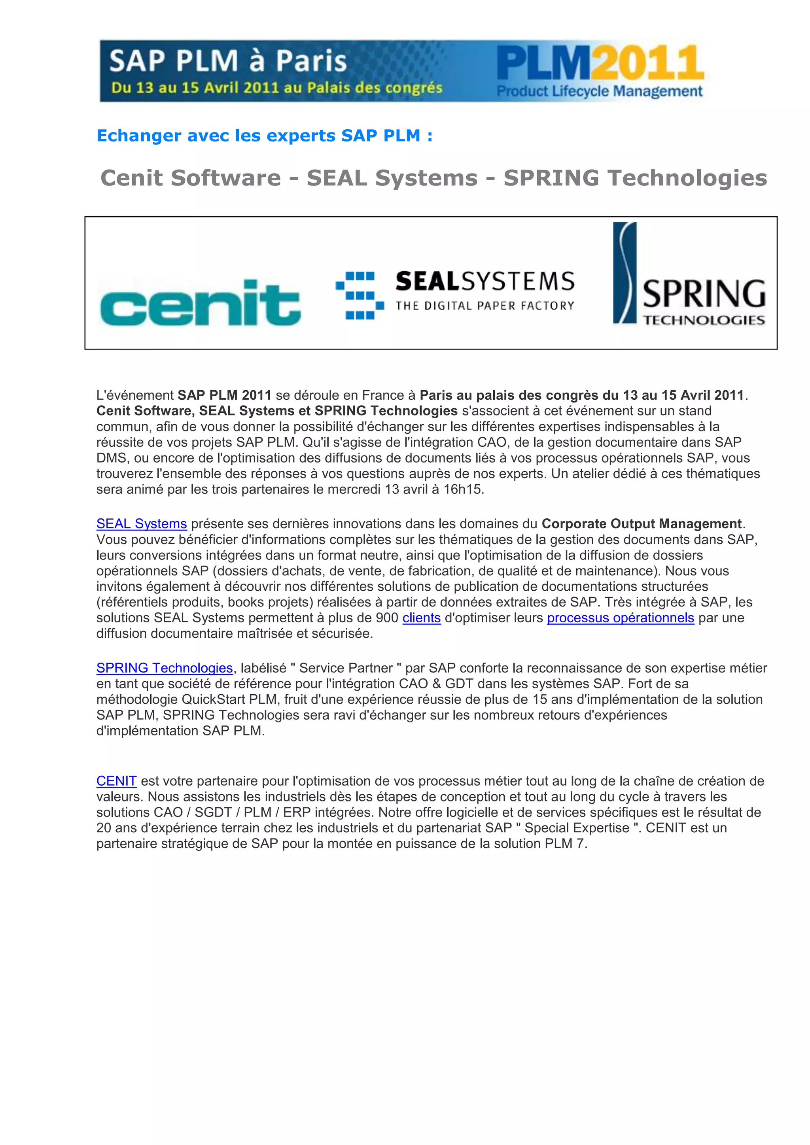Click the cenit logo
coord(201,303)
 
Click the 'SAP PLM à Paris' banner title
coord(227,61)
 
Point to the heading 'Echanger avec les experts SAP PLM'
coord(264,136)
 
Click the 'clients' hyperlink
coord(422,618)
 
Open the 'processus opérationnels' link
coord(621,618)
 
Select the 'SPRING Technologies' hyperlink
coord(165,668)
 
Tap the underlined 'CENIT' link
coord(116,781)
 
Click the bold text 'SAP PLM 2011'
coord(224,395)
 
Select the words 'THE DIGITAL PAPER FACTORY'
coord(485,306)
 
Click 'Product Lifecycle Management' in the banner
coord(600,92)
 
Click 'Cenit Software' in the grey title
coord(191,178)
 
